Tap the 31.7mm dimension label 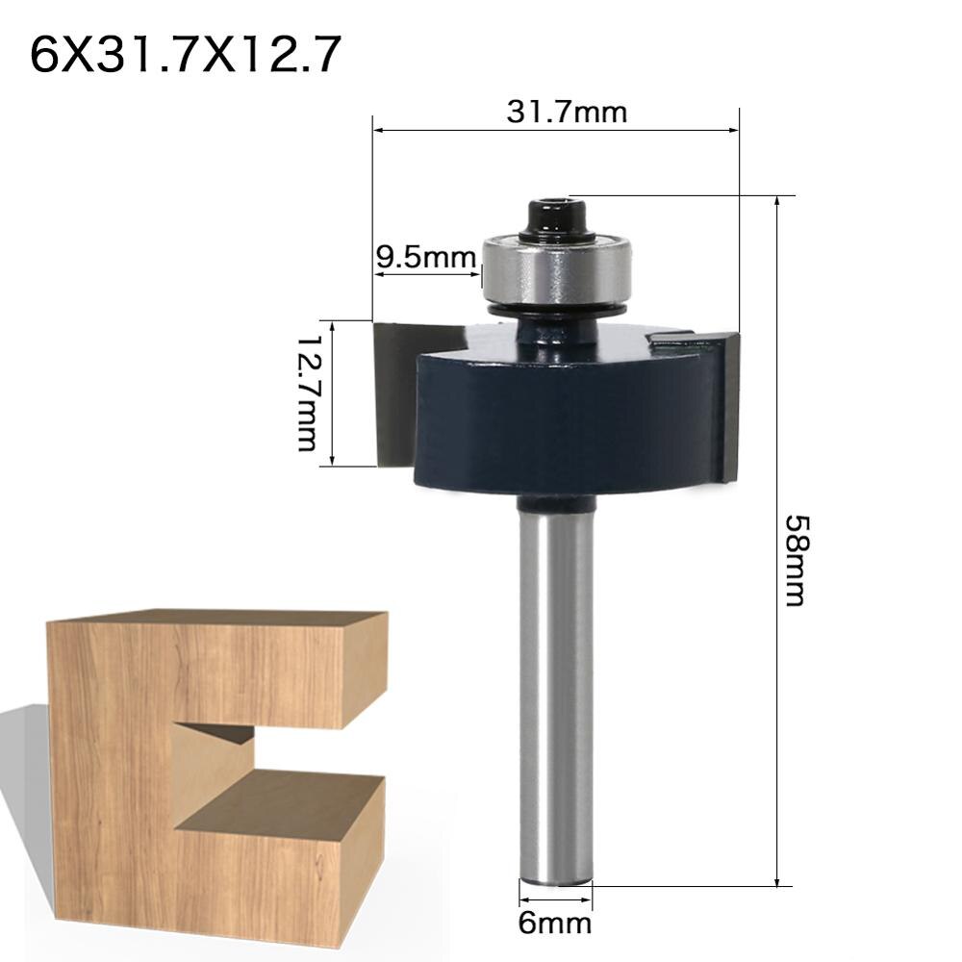[567, 113]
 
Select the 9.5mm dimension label [425, 258]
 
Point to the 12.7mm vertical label [308, 393]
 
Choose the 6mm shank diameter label [555, 924]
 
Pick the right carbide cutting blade [723, 404]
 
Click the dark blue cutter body [563, 418]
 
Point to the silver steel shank [554, 693]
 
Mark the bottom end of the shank [555, 875]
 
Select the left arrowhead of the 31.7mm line [378, 129]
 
